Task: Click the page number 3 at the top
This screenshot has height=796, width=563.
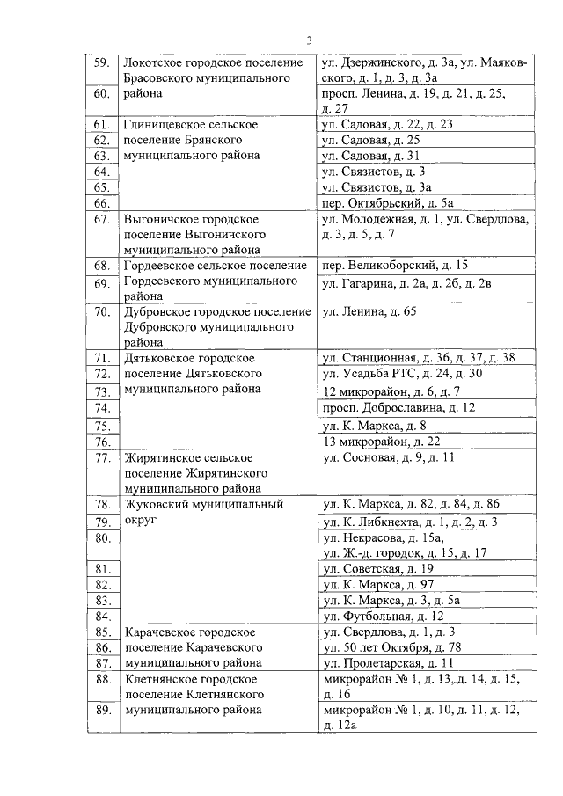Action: pyautogui.click(x=310, y=40)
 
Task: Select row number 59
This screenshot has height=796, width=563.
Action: pyautogui.click(x=101, y=63)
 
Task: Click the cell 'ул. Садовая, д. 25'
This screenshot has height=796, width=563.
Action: pyautogui.click(x=370, y=139)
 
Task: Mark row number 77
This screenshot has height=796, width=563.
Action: pyautogui.click(x=101, y=457)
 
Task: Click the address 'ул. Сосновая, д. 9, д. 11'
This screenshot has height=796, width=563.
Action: pyautogui.click(x=388, y=457)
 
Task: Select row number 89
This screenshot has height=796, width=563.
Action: pyautogui.click(x=101, y=710)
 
